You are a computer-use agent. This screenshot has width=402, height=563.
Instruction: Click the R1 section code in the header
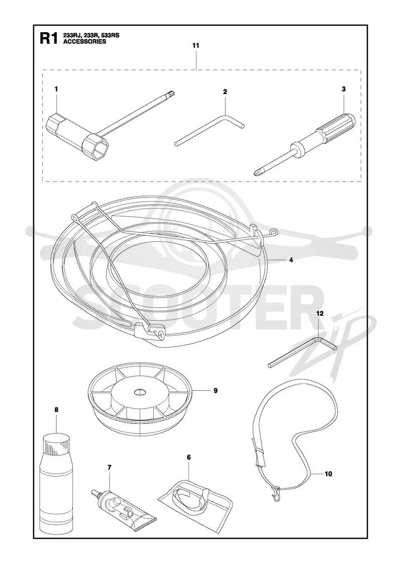coord(49,38)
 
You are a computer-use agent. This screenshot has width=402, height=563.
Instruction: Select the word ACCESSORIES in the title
coord(85,41)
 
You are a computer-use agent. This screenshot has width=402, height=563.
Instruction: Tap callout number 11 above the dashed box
coord(195,46)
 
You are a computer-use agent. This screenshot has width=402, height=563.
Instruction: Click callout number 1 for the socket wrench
coord(56,88)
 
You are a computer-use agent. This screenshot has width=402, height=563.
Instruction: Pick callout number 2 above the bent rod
coord(225,91)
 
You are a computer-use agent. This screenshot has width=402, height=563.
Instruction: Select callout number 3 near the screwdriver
coord(344,88)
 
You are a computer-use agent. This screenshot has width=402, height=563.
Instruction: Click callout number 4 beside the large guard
coord(291,260)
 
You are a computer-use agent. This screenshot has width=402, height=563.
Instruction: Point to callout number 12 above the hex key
coord(320,314)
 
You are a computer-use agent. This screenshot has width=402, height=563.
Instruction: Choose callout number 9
coord(216,390)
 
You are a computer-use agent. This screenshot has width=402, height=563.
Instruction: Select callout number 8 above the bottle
coord(56,410)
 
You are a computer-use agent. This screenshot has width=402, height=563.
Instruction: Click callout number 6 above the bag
coord(189,457)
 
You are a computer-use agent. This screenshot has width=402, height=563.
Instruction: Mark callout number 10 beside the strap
coord(328,474)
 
